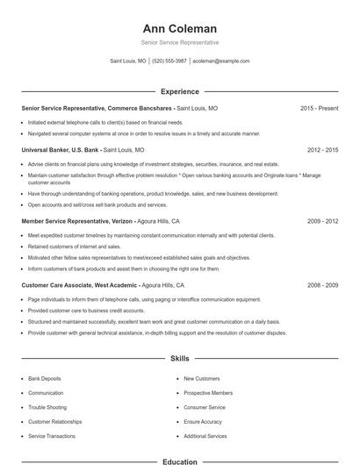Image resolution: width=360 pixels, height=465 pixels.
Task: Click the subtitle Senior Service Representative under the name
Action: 180,42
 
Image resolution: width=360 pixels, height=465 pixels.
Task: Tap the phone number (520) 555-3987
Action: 169,61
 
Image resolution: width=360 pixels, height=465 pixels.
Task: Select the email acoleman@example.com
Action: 220,61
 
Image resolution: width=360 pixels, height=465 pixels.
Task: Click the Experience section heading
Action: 180,91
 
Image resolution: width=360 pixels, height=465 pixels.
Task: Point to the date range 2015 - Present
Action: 319,109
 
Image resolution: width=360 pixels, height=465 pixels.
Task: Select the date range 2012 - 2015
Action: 322,150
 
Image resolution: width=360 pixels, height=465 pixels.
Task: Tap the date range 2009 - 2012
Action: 322,222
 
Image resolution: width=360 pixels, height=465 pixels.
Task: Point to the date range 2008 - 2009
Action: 322,285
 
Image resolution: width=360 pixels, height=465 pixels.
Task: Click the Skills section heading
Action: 180,359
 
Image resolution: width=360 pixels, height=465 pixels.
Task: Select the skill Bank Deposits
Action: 46,378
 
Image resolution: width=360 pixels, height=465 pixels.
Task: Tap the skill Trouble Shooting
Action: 47,407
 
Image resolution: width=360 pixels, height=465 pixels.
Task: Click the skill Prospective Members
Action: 208,393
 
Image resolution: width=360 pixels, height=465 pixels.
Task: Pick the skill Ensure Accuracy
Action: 203,422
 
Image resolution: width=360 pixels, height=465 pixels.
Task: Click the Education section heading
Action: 180,461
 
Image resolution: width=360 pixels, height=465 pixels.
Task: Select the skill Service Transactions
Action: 52,436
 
